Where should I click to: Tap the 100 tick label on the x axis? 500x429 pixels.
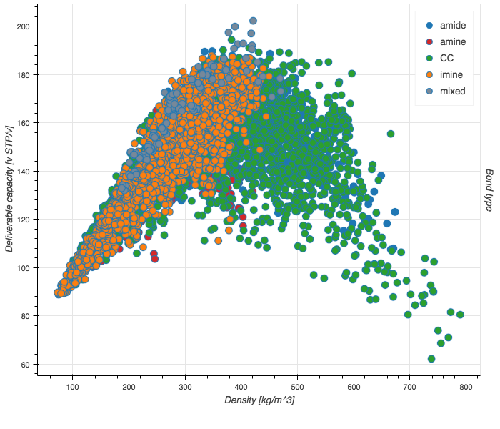(72, 387)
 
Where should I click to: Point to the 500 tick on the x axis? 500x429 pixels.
(354, 387)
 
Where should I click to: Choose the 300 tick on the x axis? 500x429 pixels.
(185, 387)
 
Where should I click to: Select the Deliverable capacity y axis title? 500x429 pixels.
(10, 196)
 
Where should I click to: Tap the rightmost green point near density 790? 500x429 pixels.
(460, 314)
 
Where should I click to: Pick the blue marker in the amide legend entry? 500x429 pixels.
(429, 25)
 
